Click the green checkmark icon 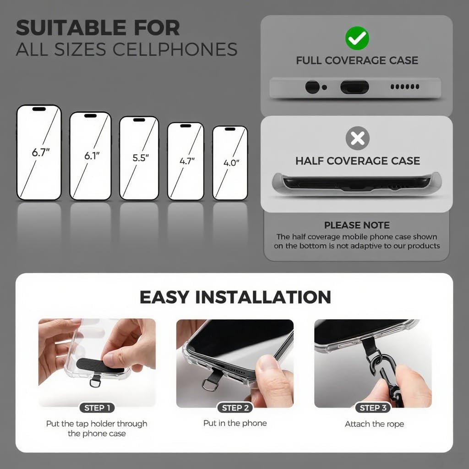357,38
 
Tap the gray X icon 357,138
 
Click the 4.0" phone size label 231,163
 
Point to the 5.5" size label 141,158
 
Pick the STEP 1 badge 97,408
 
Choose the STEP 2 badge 235,408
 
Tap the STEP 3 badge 373,408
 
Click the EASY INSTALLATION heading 235,297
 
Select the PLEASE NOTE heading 357,225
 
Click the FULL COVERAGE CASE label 357,60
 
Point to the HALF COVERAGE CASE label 357,161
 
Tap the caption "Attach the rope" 374,424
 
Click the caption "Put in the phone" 235,423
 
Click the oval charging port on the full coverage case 354,87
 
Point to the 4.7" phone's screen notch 185,125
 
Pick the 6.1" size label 92,156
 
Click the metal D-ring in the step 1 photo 95,381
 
